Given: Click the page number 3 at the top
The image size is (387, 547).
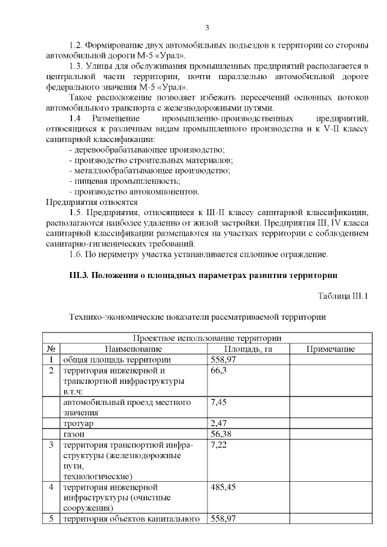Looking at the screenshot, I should [207, 27].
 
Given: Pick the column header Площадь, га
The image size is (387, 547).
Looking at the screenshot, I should [248, 349].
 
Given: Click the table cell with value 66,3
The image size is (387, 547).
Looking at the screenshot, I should [218, 371].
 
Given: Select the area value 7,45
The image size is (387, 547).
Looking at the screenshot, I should [218, 402].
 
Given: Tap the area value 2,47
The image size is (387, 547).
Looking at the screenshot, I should [218, 423].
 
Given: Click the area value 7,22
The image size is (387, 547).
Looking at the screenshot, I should [218, 445].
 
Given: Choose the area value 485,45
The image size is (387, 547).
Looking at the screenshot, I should [223, 487].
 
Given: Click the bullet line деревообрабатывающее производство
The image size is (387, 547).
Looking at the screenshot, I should [148, 149].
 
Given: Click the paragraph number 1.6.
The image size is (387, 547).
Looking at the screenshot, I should [77, 254].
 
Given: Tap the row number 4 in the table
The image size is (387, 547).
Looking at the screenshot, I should [51, 487].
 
